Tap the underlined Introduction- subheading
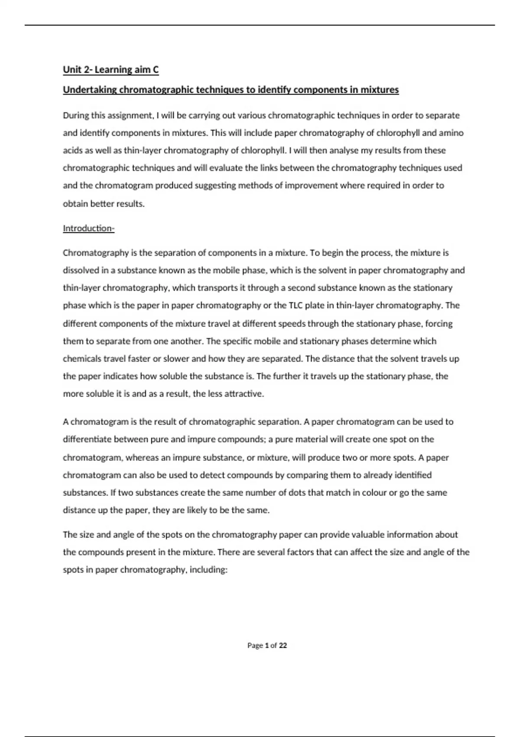[88, 228]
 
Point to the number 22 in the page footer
[283, 646]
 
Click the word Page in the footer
[255, 646]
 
